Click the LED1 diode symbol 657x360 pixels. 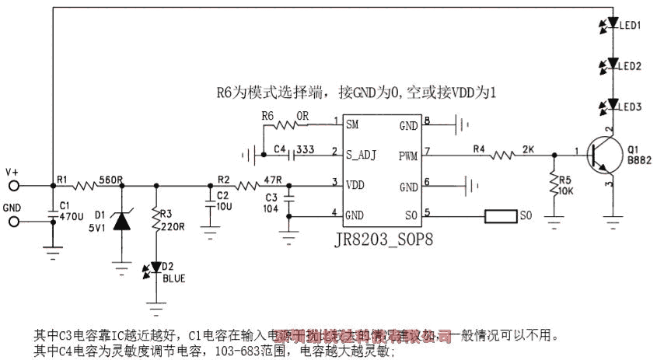click(612, 23)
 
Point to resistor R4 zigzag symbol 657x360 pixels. click(501, 156)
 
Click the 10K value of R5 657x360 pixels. click(568, 191)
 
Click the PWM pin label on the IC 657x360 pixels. click(408, 156)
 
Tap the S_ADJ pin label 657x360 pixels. click(362, 155)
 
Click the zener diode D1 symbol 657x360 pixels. click(122, 221)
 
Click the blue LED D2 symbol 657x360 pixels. click(157, 267)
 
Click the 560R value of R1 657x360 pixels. click(112, 179)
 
